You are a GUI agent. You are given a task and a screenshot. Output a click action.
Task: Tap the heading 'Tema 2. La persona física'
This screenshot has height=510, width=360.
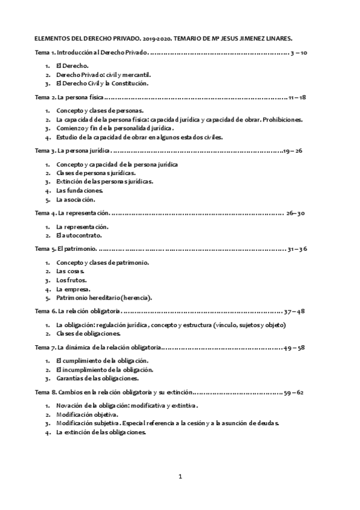pos(70,97)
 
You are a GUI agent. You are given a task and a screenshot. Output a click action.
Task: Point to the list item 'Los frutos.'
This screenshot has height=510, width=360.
pos(71,280)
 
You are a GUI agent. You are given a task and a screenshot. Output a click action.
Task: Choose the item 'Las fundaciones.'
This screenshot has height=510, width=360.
pos(79,190)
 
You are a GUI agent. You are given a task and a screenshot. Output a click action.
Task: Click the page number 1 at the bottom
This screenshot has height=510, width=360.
pos(180,477)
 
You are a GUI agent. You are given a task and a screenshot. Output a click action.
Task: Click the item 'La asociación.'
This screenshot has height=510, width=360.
pos(75,199)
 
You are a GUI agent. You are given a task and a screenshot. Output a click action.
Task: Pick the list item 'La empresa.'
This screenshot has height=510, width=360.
pos(73,289)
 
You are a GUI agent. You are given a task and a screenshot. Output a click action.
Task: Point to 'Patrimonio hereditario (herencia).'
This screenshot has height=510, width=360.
pos(104,298)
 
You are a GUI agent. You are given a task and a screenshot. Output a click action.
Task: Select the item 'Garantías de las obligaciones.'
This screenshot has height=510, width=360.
pos(97,379)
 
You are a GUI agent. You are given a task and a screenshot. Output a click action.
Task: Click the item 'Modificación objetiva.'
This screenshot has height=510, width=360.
pos(87,414)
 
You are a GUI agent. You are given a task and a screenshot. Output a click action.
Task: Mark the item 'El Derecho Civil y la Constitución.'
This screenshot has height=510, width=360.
pos(102,84)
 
